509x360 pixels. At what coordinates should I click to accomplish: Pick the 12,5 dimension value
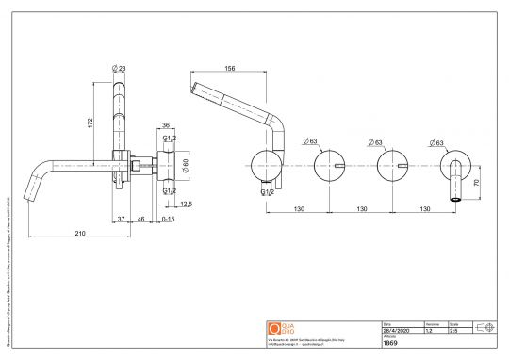coord(186,204)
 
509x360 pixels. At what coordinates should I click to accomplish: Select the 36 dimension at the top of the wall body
coord(165,123)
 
